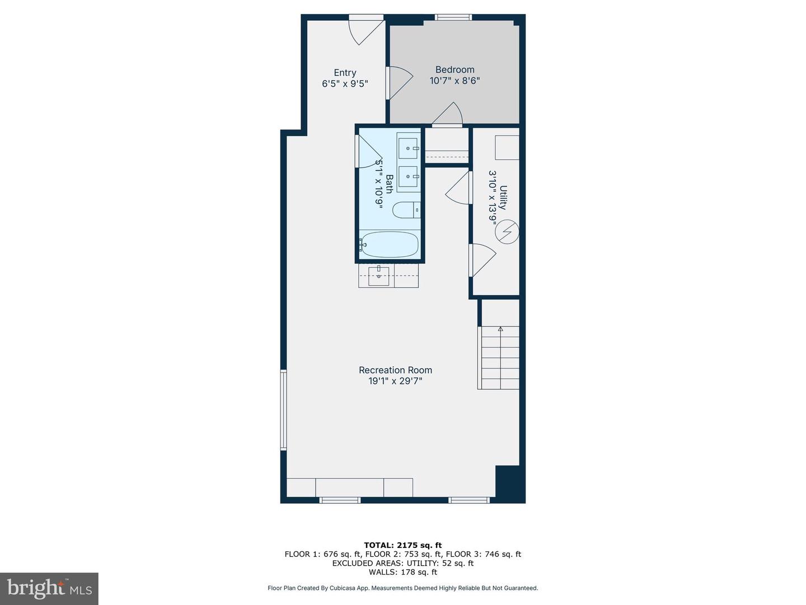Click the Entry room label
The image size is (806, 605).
[345, 73]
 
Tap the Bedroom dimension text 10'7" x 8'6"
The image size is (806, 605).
[454, 81]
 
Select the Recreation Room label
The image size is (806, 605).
[395, 370]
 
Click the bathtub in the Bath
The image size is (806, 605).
[390, 245]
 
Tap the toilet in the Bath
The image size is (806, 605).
[405, 210]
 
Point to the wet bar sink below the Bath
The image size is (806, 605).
[379, 276]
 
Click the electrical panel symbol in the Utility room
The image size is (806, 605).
[507, 232]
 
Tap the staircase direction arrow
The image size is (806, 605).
[500, 329]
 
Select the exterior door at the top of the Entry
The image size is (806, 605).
[366, 29]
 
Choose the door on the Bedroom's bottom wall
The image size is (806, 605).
[448, 115]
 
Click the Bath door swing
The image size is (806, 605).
[368, 150]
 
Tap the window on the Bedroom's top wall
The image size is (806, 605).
[453, 17]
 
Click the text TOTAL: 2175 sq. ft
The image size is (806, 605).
[402, 545]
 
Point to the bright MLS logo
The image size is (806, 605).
[49, 588]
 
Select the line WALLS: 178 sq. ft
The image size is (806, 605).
[402, 572]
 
